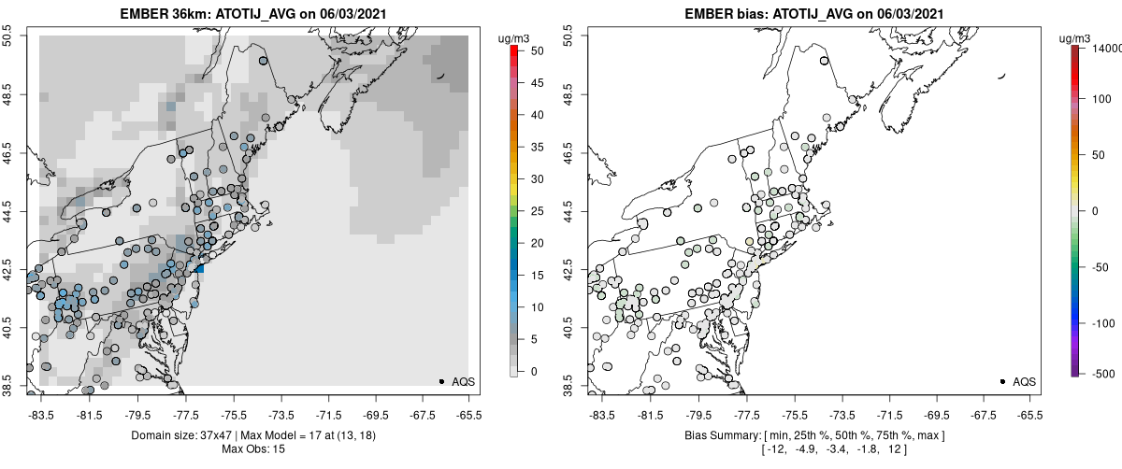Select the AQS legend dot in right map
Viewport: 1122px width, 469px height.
(1002, 381)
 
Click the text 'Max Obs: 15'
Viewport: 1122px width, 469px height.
(253, 449)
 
